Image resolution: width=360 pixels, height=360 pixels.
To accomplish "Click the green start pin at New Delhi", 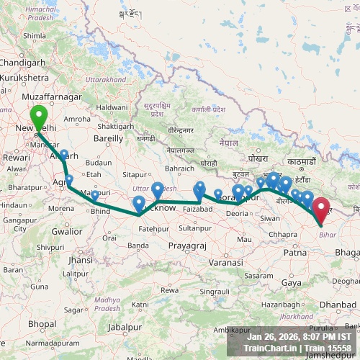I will pos(37,116).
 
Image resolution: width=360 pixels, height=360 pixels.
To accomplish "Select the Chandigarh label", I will pos(22,62).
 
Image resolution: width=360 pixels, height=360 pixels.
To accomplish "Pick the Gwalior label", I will pos(67,232).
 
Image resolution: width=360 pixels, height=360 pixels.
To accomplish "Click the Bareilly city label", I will pos(109,137).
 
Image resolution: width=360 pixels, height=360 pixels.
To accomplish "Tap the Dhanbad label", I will pos(338,305).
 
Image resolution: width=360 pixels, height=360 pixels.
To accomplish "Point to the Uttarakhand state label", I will pos(106,78).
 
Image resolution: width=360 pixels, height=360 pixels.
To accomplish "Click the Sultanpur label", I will pos(195,228).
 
